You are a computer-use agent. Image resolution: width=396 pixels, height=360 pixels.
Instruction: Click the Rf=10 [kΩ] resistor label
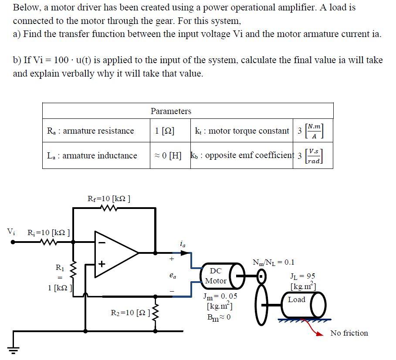[109, 199]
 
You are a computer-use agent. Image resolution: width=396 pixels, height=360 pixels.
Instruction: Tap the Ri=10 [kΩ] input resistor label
[48, 232]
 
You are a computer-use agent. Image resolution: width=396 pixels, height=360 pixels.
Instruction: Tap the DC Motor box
[216, 276]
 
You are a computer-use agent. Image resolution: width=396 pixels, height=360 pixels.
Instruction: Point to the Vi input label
[10, 232]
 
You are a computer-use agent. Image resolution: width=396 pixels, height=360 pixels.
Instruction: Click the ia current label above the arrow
[182, 245]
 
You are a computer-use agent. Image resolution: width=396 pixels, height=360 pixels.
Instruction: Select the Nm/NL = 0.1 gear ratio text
[273, 262]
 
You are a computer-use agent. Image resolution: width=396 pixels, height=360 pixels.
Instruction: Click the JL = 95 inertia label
[302, 276]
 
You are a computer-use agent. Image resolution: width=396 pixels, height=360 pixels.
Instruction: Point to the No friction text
[349, 333]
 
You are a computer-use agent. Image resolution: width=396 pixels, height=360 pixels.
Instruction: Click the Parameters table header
[171, 111]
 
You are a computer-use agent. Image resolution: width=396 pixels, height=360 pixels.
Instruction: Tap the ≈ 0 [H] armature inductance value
[168, 155]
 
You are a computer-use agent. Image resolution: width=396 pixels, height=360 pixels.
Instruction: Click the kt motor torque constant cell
[242, 131]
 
